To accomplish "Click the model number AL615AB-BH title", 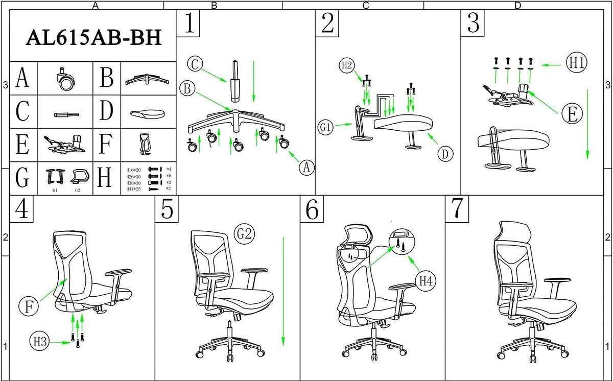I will (93, 38).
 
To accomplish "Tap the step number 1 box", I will (188, 24).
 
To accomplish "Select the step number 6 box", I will (312, 209).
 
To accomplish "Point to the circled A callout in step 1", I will (306, 166).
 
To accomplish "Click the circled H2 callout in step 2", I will (347, 65).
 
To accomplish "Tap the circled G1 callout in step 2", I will (325, 127).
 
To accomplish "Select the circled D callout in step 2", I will (445, 153).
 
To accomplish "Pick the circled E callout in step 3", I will (571, 114).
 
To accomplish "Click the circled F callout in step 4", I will (28, 306).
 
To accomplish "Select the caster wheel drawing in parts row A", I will (65, 80).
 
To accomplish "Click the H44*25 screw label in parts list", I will (133, 189).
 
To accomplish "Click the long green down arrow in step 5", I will (283, 291).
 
